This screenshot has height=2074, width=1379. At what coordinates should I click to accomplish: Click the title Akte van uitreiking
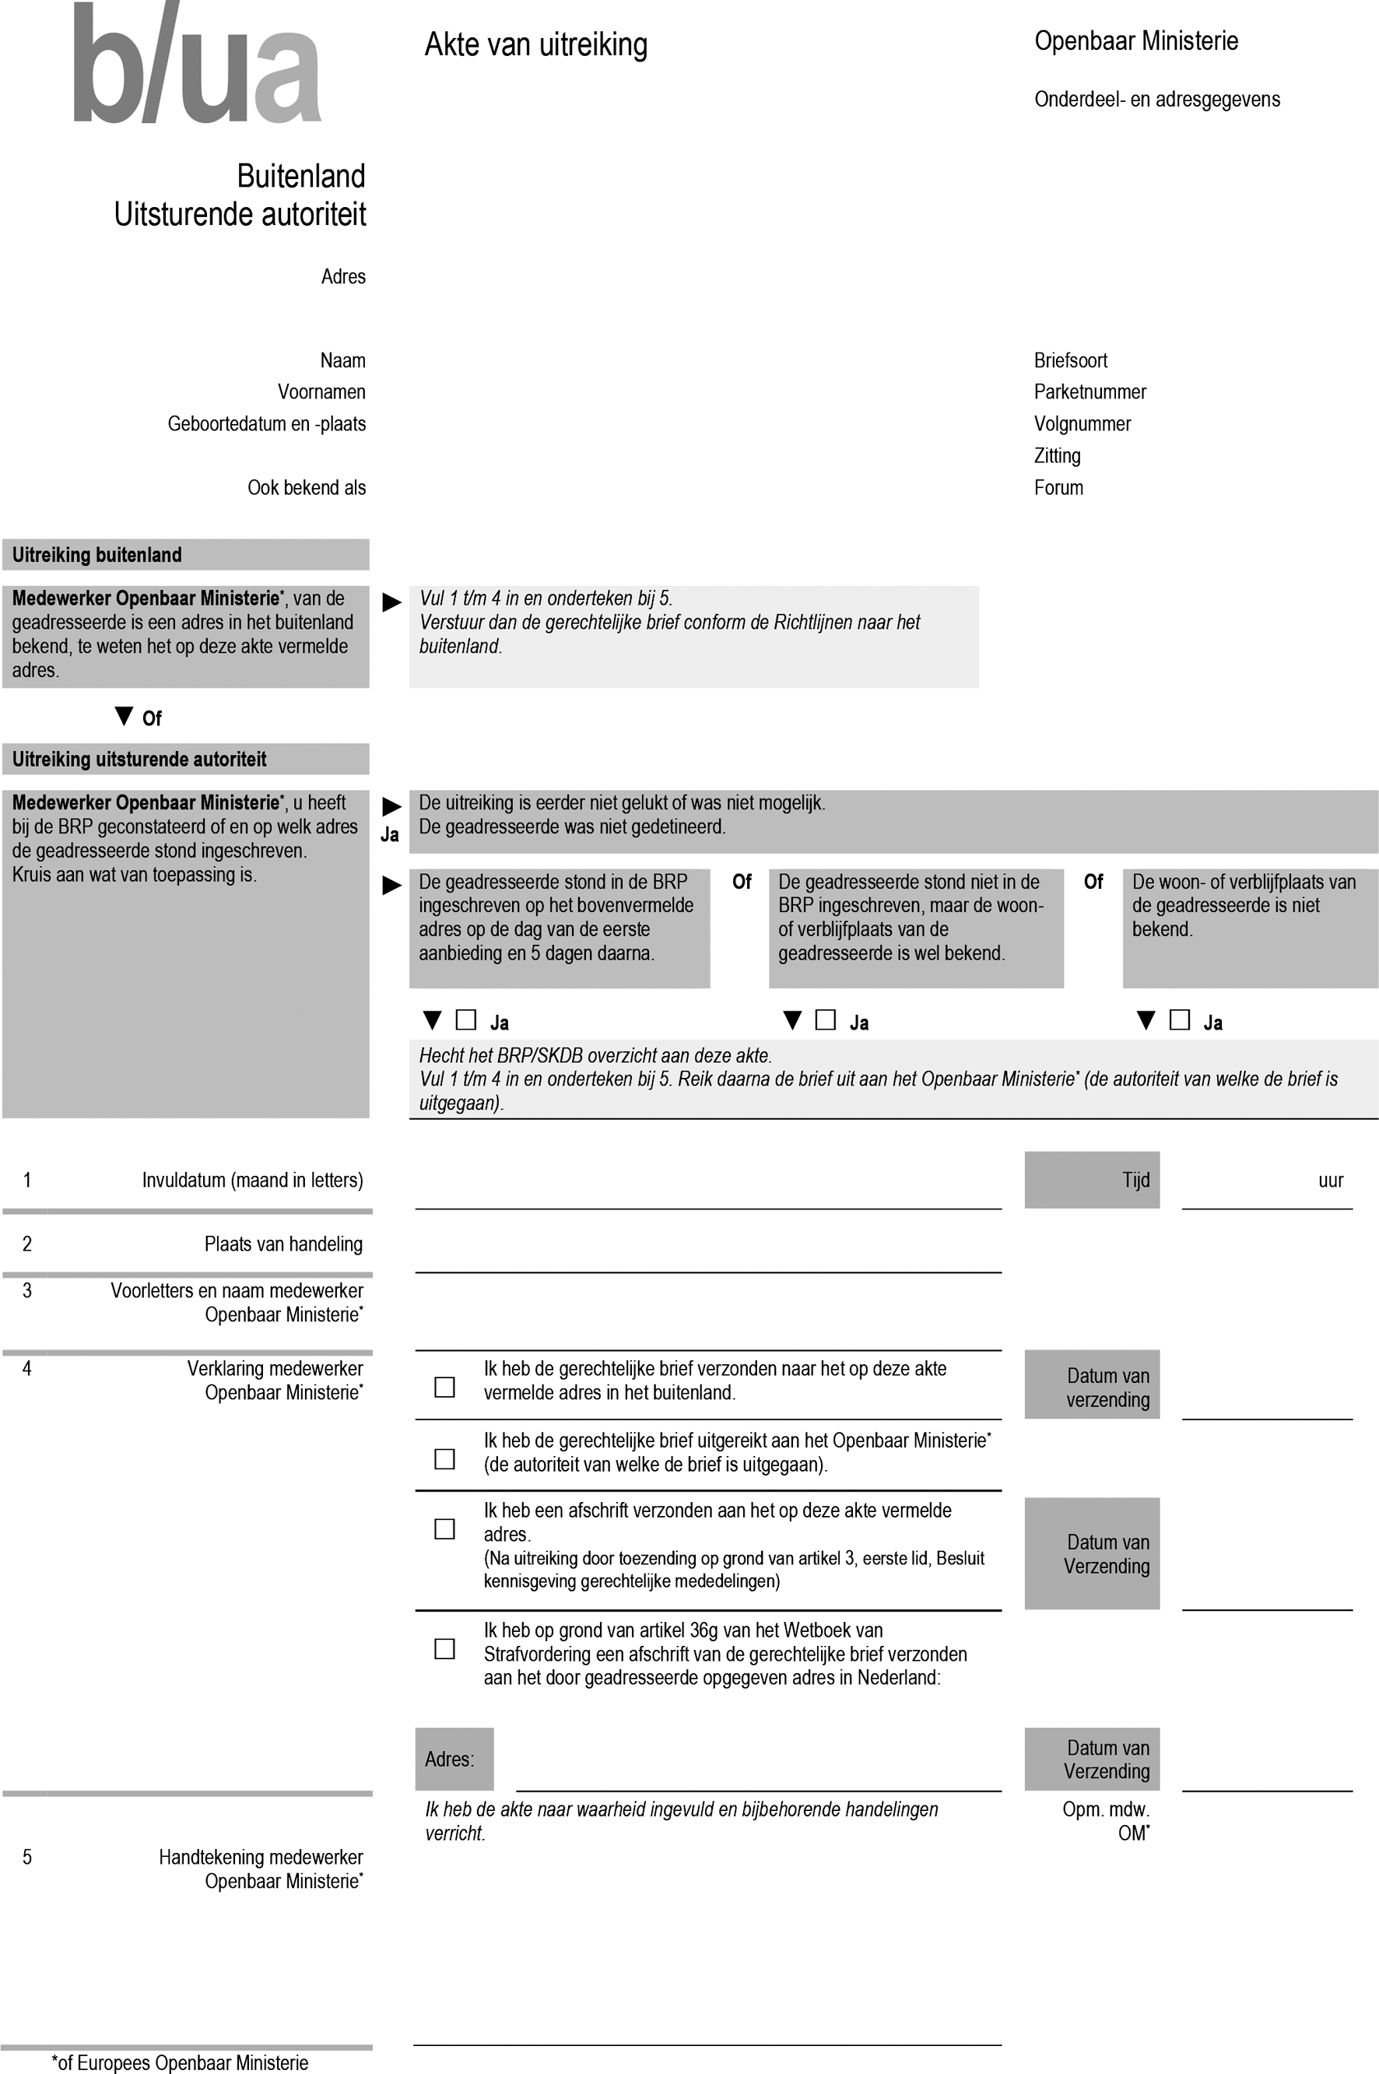point(535,44)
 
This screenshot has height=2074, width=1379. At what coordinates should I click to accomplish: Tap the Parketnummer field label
point(1090,392)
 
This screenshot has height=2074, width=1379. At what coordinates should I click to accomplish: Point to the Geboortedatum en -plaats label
point(266,424)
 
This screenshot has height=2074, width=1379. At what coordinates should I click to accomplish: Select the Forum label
point(1058,488)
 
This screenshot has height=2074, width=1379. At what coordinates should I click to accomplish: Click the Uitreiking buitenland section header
point(96,555)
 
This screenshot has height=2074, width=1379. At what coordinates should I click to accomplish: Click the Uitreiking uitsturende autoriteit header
point(139,759)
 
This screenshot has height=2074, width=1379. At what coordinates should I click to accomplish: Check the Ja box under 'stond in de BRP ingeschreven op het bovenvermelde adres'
point(466,1020)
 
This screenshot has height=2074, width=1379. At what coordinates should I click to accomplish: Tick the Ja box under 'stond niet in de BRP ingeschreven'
point(825,1020)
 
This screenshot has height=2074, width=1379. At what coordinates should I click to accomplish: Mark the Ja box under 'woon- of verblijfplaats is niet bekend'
point(1179,1020)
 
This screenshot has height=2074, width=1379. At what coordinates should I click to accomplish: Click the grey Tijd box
point(1091,1180)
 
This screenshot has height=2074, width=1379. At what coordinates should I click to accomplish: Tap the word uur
point(1330,1181)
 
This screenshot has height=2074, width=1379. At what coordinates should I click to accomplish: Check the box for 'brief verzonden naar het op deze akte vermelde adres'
point(445,1387)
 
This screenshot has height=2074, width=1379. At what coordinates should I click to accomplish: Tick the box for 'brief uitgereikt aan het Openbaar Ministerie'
point(445,1459)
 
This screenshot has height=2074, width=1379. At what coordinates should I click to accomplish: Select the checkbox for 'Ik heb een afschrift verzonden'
point(445,1529)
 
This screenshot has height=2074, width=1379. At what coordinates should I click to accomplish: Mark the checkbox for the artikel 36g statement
point(445,1648)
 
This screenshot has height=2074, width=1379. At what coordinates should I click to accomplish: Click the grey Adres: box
point(454,1759)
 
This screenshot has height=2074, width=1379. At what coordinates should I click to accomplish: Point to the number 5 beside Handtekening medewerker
point(27,1857)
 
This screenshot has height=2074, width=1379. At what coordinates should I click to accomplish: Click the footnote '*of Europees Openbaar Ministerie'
point(181,2062)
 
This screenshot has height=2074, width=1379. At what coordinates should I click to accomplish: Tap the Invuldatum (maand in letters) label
point(252,1181)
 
